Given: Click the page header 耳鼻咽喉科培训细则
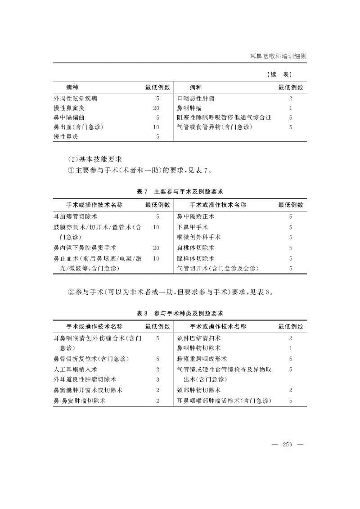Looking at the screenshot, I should tap(278, 57).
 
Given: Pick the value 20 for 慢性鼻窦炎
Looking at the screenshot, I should tap(156, 108).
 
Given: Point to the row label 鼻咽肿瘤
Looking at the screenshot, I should tap(189, 108).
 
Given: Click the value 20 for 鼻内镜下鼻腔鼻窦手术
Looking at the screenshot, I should tap(156, 248).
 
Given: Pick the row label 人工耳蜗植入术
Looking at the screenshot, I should tap(72, 369).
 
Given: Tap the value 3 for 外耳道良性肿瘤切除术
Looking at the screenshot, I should tap(157, 379).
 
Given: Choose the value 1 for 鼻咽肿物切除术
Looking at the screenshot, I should tap(291, 348).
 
